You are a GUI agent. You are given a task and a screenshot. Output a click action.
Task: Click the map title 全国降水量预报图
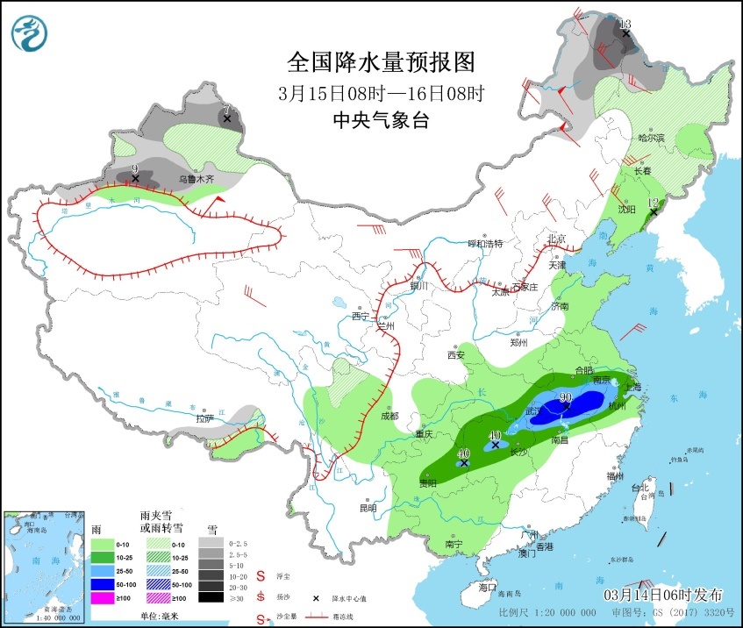pyautogui.click(x=381, y=62)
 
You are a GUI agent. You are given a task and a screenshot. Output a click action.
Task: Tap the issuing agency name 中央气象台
pyautogui.click(x=381, y=121)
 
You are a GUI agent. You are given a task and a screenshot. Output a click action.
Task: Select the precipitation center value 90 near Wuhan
pyautogui.click(x=566, y=397)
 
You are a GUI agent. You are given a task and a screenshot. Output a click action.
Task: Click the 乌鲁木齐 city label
pyautogui.click(x=196, y=179)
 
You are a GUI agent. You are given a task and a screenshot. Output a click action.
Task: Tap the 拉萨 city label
pyautogui.click(x=204, y=418)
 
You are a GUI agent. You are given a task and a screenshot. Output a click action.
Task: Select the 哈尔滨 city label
pyautogui.click(x=652, y=138)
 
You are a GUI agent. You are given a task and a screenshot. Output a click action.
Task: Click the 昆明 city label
pyautogui.click(x=368, y=508)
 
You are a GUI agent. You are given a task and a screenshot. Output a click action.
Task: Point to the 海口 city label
pyautogui.click(x=488, y=587)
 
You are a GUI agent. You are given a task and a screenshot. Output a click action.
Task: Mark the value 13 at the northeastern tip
pyautogui.click(x=625, y=24)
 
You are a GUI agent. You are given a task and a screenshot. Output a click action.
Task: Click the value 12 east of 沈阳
pyautogui.click(x=653, y=203)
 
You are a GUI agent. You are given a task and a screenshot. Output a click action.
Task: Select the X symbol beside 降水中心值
pyautogui.click(x=317, y=597)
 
